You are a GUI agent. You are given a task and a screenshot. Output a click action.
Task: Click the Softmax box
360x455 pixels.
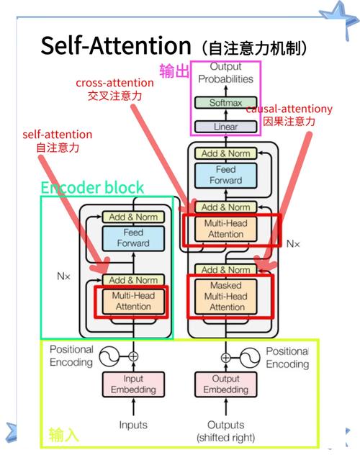225,103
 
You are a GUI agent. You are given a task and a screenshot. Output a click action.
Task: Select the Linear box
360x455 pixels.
225,127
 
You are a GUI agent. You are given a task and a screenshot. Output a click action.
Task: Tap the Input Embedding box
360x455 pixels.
132,384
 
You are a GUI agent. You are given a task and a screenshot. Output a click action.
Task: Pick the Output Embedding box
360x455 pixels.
226,384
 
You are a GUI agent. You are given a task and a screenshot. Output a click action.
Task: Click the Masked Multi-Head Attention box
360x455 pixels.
227,296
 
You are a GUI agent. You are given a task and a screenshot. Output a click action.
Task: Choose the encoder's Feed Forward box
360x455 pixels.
133,238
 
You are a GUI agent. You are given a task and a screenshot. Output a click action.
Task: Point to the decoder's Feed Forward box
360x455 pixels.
226,175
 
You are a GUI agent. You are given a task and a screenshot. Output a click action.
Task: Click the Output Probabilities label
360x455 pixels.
225,73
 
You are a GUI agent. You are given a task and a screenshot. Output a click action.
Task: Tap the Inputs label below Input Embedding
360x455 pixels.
133,425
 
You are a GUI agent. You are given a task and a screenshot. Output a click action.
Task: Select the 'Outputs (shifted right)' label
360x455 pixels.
226,431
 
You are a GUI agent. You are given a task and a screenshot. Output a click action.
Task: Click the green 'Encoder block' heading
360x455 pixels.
92,188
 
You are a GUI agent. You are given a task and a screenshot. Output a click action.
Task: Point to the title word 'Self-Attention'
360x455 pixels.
114,45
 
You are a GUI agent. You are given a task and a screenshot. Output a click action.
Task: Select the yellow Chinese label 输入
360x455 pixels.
63,435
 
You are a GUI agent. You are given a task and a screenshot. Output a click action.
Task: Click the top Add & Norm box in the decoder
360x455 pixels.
225,153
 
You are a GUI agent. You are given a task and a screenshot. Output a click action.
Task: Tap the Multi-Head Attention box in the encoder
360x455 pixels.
133,301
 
